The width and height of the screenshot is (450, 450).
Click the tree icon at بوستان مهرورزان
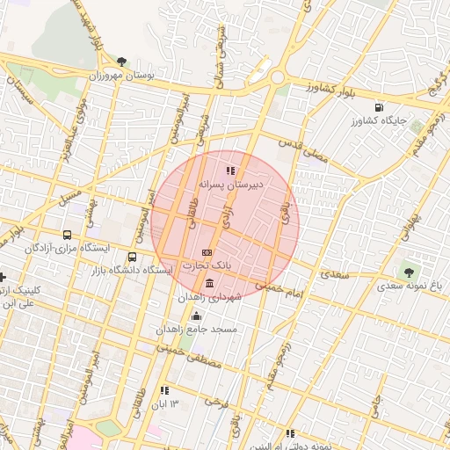[121, 62]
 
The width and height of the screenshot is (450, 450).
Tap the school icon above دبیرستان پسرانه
[230, 171]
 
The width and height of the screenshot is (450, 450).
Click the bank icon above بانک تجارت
[207, 252]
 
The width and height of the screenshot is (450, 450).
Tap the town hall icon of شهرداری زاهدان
[209, 285]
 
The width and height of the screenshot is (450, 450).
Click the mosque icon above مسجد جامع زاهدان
[195, 316]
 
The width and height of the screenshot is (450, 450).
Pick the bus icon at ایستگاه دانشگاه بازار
[132, 258]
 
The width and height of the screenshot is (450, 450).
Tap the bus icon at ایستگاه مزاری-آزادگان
[67, 235]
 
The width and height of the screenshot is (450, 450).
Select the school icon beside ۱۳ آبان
[164, 390]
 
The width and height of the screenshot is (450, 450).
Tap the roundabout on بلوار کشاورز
[278, 77]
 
